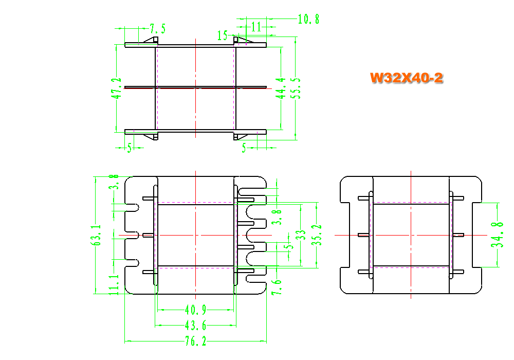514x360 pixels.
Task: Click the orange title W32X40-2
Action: tap(407, 78)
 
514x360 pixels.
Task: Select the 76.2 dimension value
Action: tap(196, 341)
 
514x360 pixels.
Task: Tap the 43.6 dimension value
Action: tap(195, 325)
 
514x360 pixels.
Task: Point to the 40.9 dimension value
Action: tap(195, 309)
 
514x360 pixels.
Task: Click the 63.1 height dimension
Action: tap(96, 235)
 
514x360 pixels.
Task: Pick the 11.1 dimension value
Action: tap(114, 284)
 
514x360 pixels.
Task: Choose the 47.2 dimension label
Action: tap(116, 88)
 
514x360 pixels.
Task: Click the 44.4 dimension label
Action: tap(281, 88)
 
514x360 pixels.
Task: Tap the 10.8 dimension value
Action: tap(308, 19)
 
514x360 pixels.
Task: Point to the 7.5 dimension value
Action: tap(158, 28)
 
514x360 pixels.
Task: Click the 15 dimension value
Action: tap(222, 35)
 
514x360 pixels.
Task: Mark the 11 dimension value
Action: tap(256, 27)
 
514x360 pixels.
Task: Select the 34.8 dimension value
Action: tap(497, 235)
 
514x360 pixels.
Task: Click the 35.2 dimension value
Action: tap(316, 235)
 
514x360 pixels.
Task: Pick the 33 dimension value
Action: tap(301, 235)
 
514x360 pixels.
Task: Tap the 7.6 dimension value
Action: tap(277, 287)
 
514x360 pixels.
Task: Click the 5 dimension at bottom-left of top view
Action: tap(130, 148)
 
